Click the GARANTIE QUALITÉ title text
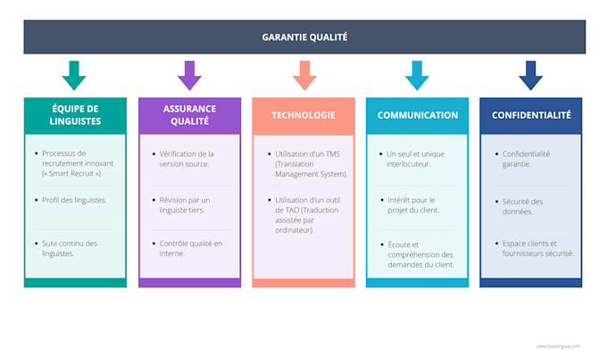click(304, 37)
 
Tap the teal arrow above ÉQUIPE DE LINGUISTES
click(75, 76)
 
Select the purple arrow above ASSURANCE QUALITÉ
click(189, 76)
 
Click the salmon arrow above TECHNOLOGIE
click(303, 76)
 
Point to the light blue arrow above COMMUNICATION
click(417, 76)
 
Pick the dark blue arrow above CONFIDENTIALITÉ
click(531, 76)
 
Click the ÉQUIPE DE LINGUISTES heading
click(75, 115)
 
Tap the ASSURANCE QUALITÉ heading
click(189, 115)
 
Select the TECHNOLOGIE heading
click(303, 115)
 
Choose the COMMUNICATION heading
click(417, 115)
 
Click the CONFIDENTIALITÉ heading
click(531, 115)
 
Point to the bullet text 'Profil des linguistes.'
click(74, 200)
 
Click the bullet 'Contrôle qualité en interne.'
click(190, 248)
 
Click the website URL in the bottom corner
click(558, 346)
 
